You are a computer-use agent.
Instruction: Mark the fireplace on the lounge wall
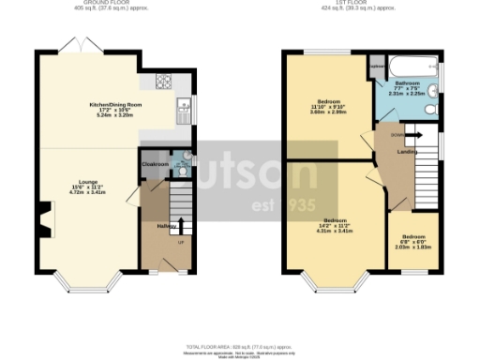[x=42, y=221]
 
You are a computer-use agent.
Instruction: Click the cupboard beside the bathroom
[x=377, y=67]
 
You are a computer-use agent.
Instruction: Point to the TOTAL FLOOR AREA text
[x=240, y=346]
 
